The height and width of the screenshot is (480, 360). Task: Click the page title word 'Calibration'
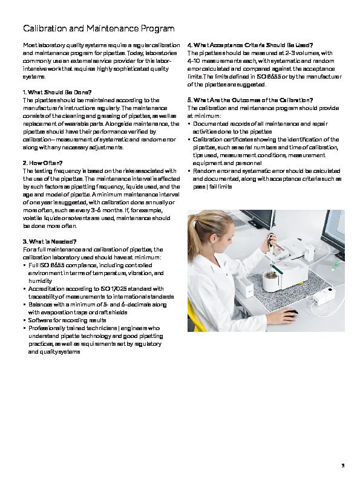pos(43,28)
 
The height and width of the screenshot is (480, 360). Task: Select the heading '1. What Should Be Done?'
pos(57,92)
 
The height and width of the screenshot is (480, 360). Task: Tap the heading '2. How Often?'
pos(43,163)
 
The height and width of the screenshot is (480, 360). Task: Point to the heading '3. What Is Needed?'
pos(49,242)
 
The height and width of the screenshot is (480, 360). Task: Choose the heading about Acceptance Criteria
pos(250,45)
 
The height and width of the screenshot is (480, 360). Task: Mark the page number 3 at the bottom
pos(342,465)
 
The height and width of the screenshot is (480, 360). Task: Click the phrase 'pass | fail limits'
pos(212,187)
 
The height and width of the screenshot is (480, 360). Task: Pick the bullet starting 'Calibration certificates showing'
pos(266,139)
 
